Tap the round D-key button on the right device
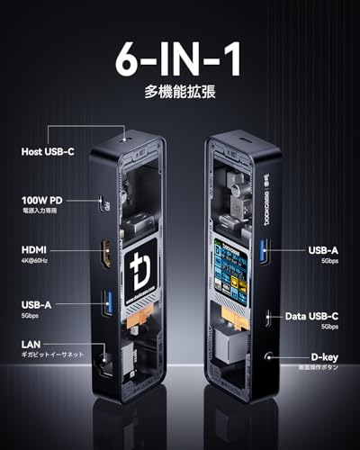(266, 355)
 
